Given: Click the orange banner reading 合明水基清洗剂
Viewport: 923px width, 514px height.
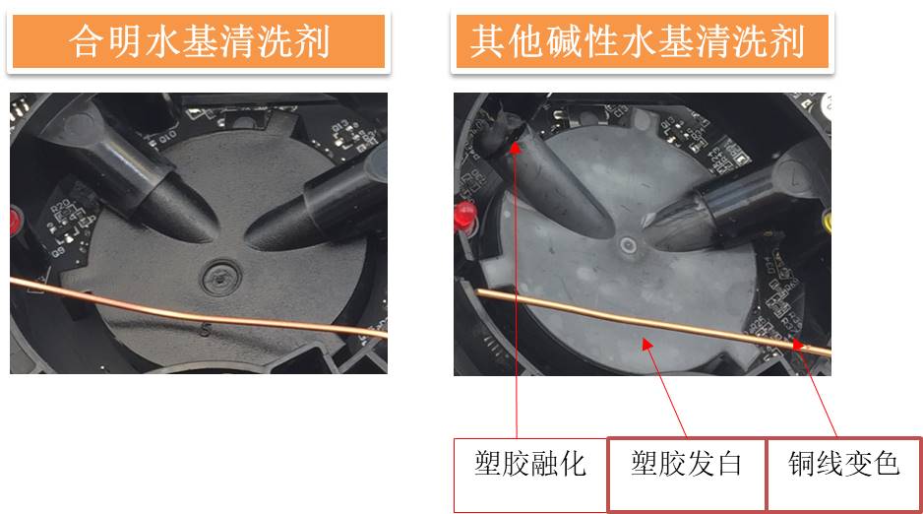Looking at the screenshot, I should pos(199,41).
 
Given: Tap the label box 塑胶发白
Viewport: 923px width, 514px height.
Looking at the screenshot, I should pos(686,464).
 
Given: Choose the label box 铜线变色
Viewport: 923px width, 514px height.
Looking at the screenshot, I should pos(844,464).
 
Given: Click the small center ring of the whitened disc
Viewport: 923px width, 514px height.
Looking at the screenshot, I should pos(627,243).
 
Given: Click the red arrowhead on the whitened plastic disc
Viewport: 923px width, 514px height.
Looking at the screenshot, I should pos(645,342).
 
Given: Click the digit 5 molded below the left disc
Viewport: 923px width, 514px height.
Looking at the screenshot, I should pos(206,330).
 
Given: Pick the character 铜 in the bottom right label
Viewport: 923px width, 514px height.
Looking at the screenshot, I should pos(803,464).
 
